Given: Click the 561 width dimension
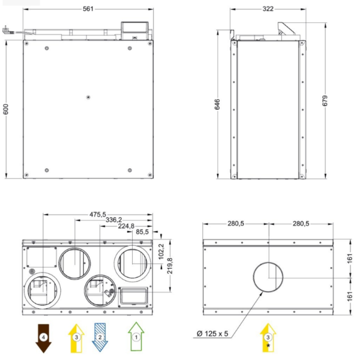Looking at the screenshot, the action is pyautogui.click(x=88, y=9).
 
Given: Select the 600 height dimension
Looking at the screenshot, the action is pyautogui.click(x=6, y=109).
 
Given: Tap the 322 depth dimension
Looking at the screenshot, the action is pyautogui.click(x=268, y=9).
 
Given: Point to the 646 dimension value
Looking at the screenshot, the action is pyautogui.click(x=217, y=104).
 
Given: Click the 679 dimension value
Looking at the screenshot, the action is pyautogui.click(x=325, y=101).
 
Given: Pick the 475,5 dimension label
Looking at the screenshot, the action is pyautogui.click(x=98, y=214).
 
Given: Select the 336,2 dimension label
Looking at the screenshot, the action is pyautogui.click(x=113, y=220).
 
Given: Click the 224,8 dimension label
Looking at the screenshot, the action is pyautogui.click(x=126, y=226).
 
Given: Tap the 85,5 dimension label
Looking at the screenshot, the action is pyautogui.click(x=142, y=232).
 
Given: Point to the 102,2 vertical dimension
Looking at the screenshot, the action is pyautogui.click(x=161, y=251).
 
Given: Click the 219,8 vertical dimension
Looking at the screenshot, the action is pyautogui.click(x=170, y=266).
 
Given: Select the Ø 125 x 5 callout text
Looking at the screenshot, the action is pyautogui.click(x=212, y=334).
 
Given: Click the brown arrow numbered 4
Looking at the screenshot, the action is pyautogui.click(x=43, y=338).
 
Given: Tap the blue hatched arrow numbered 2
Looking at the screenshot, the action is pyautogui.click(x=100, y=337).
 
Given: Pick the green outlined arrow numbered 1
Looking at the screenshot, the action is pyautogui.click(x=136, y=337).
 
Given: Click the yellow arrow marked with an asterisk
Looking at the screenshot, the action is pyautogui.click(x=268, y=338).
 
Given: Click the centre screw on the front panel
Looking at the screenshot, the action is pyautogui.click(x=88, y=97).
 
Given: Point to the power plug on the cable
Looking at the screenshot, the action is pyautogui.click(x=6, y=31).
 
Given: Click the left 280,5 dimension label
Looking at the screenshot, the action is pyautogui.click(x=236, y=224).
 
